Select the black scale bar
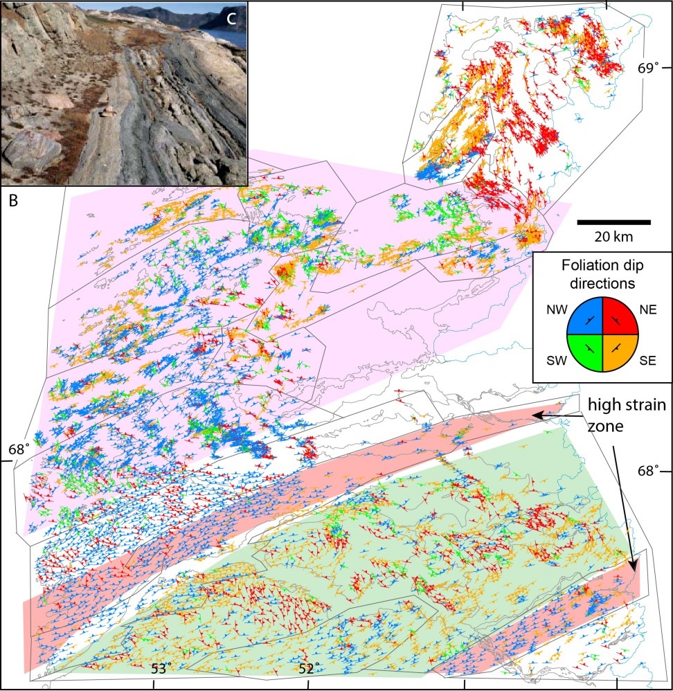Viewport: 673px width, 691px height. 613,222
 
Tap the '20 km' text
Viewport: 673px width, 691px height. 613,237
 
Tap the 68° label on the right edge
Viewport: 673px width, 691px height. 648,471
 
